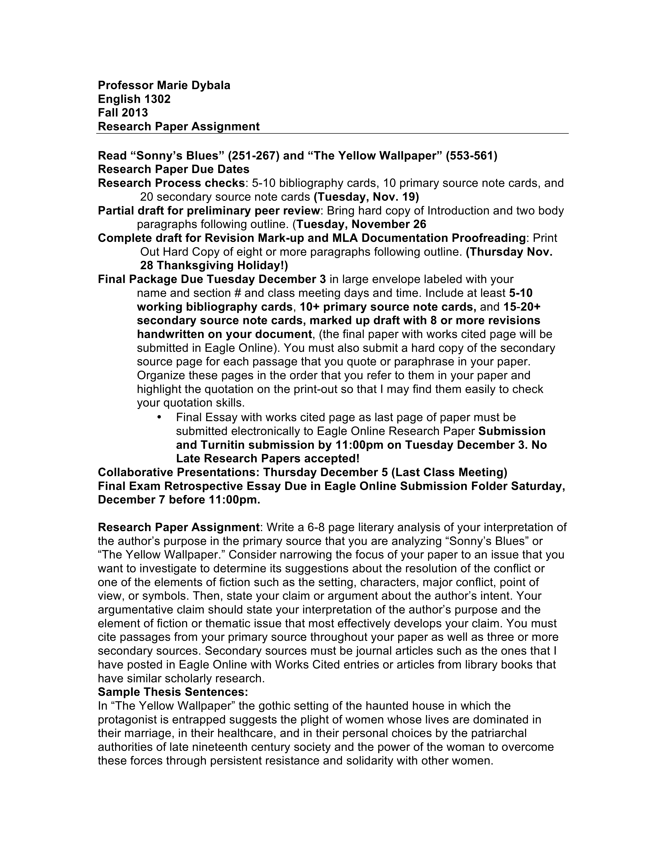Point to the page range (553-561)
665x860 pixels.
click(x=472, y=156)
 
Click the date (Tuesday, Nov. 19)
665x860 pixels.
click(x=366, y=197)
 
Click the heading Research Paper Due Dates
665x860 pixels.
click(x=173, y=169)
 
